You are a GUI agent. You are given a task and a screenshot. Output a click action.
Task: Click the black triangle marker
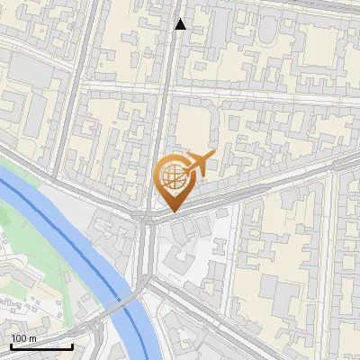181,24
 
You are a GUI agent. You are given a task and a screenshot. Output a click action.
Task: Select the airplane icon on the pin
196,163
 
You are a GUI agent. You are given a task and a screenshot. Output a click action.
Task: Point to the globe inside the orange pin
171,175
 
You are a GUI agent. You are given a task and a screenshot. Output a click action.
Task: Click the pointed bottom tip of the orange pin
172,211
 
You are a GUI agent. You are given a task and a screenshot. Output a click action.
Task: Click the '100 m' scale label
24,338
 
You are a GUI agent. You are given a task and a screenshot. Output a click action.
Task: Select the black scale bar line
41,346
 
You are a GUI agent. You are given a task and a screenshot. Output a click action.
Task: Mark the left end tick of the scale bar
11,345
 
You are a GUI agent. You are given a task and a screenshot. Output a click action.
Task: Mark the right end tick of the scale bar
72,345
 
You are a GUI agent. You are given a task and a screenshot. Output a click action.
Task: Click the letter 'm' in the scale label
32,338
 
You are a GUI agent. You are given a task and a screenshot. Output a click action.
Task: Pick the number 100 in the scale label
19,338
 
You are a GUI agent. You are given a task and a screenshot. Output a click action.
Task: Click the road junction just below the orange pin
147,218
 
